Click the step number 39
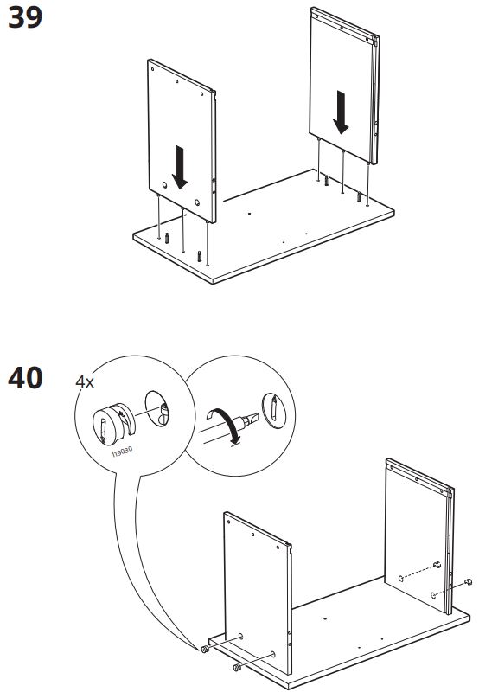(25, 17)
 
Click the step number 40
(25, 378)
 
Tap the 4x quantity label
(85, 381)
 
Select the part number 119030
(122, 452)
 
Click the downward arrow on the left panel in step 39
(180, 167)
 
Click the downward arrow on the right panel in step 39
(341, 112)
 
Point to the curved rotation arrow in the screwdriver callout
(225, 425)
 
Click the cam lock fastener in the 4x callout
(113, 424)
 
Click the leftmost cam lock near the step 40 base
(204, 650)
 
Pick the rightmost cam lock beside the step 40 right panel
(468, 582)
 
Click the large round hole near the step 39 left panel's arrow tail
(164, 185)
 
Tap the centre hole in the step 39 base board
(249, 214)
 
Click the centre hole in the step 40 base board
(325, 618)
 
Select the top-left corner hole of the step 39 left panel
(152, 69)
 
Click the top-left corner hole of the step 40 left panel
(228, 522)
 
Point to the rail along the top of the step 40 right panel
(419, 476)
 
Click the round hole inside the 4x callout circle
(157, 408)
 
